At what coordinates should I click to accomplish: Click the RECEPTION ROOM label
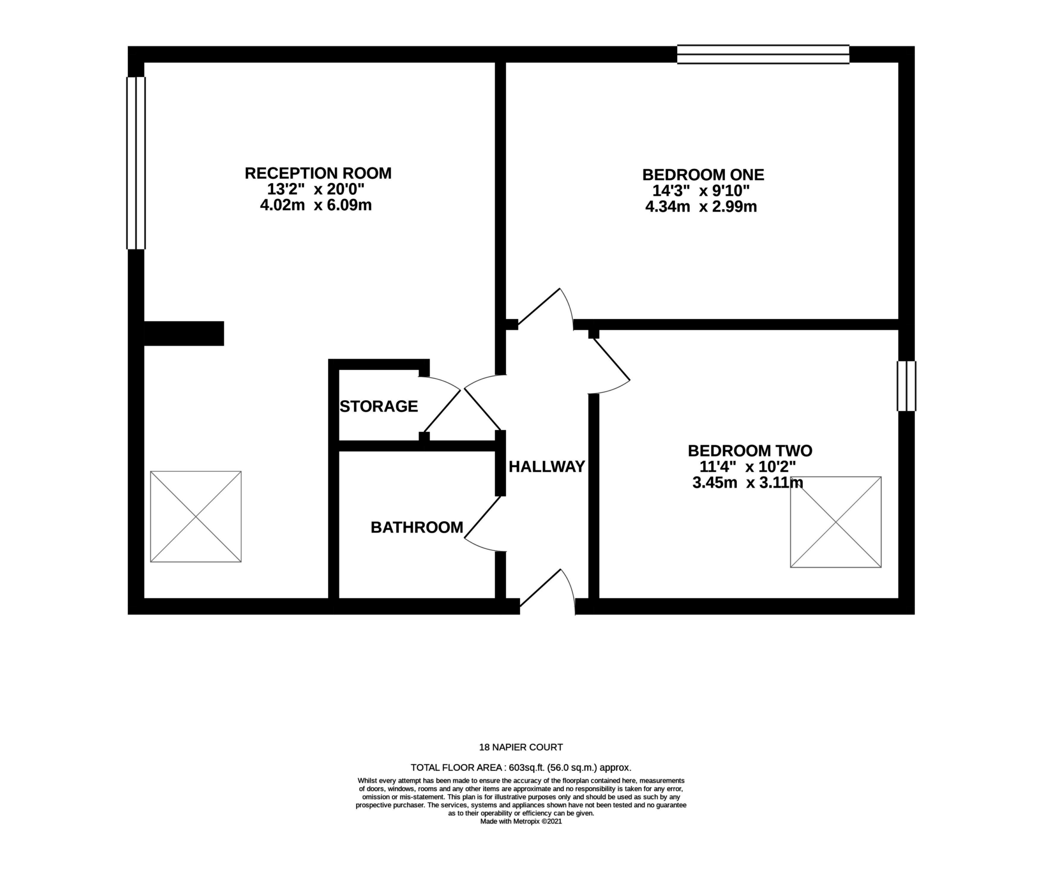pos(318,174)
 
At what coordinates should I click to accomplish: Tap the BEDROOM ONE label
pos(703,175)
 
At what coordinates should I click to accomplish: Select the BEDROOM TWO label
pos(749,451)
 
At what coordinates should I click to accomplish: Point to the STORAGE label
pos(379,406)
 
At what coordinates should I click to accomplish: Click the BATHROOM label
pos(417,527)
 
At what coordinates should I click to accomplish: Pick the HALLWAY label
pos(547,467)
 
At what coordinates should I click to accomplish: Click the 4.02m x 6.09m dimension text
pos(315,206)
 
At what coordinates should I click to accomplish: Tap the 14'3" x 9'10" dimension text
pos(701,191)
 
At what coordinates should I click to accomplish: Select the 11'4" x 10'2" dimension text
pos(747,467)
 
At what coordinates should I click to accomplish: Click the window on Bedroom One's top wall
pos(763,54)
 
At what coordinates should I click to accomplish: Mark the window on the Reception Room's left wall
pos(136,163)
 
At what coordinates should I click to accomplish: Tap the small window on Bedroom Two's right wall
pos(906,386)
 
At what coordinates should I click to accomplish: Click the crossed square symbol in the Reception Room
pos(196,517)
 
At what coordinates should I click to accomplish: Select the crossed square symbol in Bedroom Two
pos(835,522)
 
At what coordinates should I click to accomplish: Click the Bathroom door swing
pos(483,524)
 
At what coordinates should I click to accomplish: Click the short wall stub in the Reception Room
pos(184,333)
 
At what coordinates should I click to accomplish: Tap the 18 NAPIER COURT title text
pos(521,747)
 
